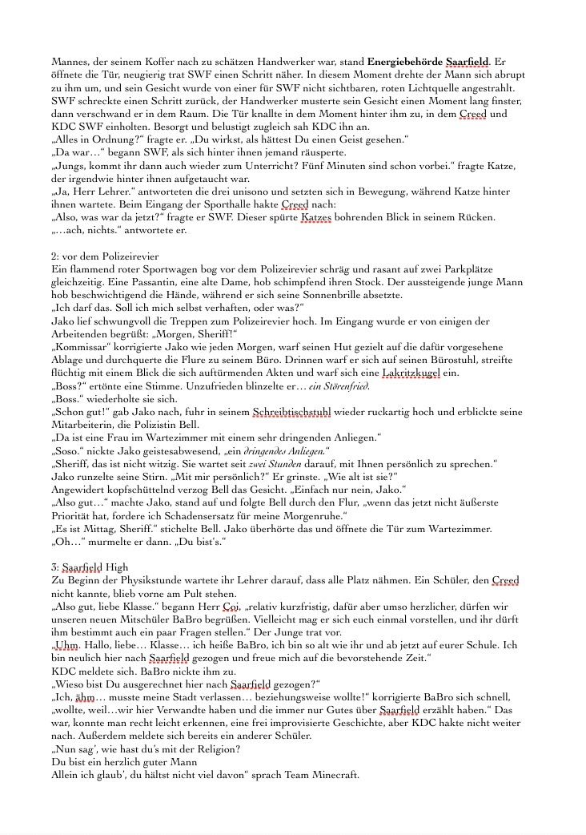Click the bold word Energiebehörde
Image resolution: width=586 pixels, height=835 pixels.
point(405,61)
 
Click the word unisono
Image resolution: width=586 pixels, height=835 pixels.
point(254,192)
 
